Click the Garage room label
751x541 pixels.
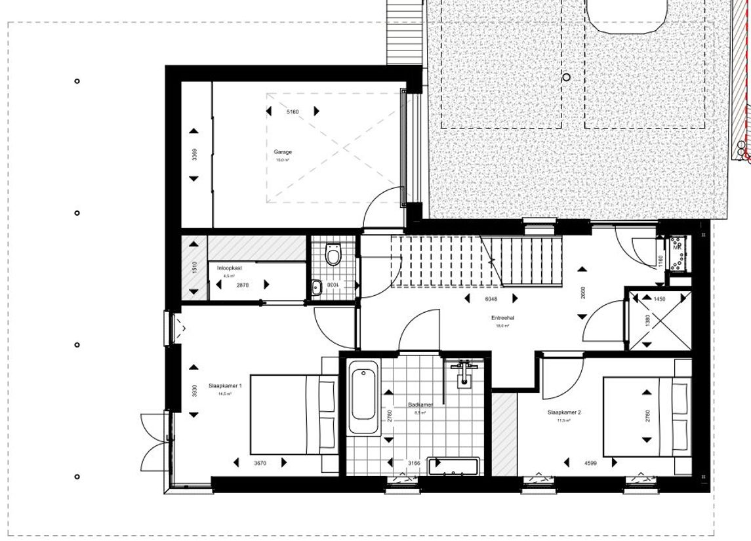(283, 151)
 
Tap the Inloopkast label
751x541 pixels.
(230, 268)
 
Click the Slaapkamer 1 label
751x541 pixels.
(226, 386)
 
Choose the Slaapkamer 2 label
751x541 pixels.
(565, 412)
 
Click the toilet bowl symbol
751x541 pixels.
(333, 253)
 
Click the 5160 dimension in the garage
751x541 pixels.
(293, 112)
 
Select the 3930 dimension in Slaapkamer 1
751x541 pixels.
(193, 390)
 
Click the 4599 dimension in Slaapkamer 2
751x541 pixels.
(590, 462)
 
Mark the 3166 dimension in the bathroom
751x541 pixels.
(415, 462)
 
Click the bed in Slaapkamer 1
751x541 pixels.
(293, 413)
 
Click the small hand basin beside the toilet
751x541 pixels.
(317, 287)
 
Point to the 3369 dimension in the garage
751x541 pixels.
(193, 155)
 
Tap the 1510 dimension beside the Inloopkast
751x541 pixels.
(193, 268)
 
